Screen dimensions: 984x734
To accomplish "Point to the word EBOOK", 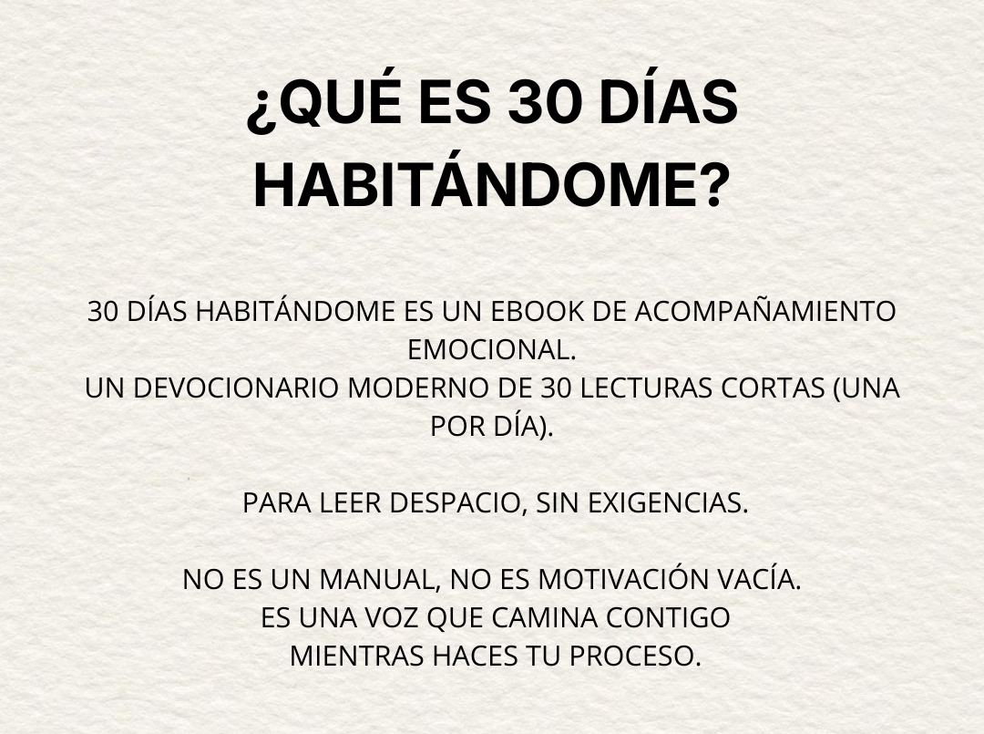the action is coord(538,312).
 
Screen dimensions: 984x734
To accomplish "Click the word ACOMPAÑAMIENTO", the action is coord(765,312).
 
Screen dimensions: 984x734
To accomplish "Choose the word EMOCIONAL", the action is coord(491,350).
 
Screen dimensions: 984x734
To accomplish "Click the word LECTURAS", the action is coord(646,388).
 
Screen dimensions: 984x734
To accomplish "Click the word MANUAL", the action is coord(380,580).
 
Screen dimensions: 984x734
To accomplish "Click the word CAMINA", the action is coord(544,618).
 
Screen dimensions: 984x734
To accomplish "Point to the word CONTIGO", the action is coord(668,618).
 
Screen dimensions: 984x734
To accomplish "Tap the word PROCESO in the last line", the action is coord(634,656).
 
